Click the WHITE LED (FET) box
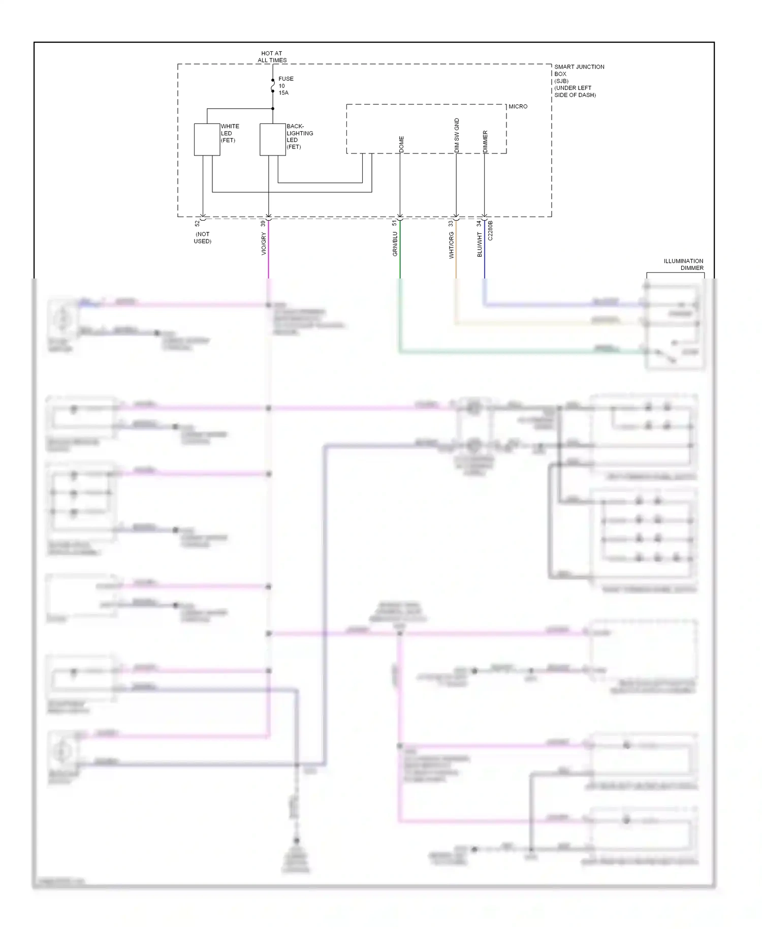coord(207,139)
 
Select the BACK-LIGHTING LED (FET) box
coord(272,139)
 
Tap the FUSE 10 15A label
coord(285,86)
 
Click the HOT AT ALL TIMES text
coord(272,56)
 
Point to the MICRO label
coord(518,107)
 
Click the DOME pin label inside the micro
coord(401,144)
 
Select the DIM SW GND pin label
coord(456,136)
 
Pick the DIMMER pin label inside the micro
coord(485,142)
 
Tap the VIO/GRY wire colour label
coord(264,244)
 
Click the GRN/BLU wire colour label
coord(395,244)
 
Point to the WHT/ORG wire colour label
coord(451,245)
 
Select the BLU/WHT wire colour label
coord(480,244)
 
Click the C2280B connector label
coord(490,230)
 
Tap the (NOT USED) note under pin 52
coord(202,238)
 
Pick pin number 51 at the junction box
coord(395,223)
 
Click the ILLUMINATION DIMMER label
coord(683,264)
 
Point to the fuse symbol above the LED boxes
coord(273,86)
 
